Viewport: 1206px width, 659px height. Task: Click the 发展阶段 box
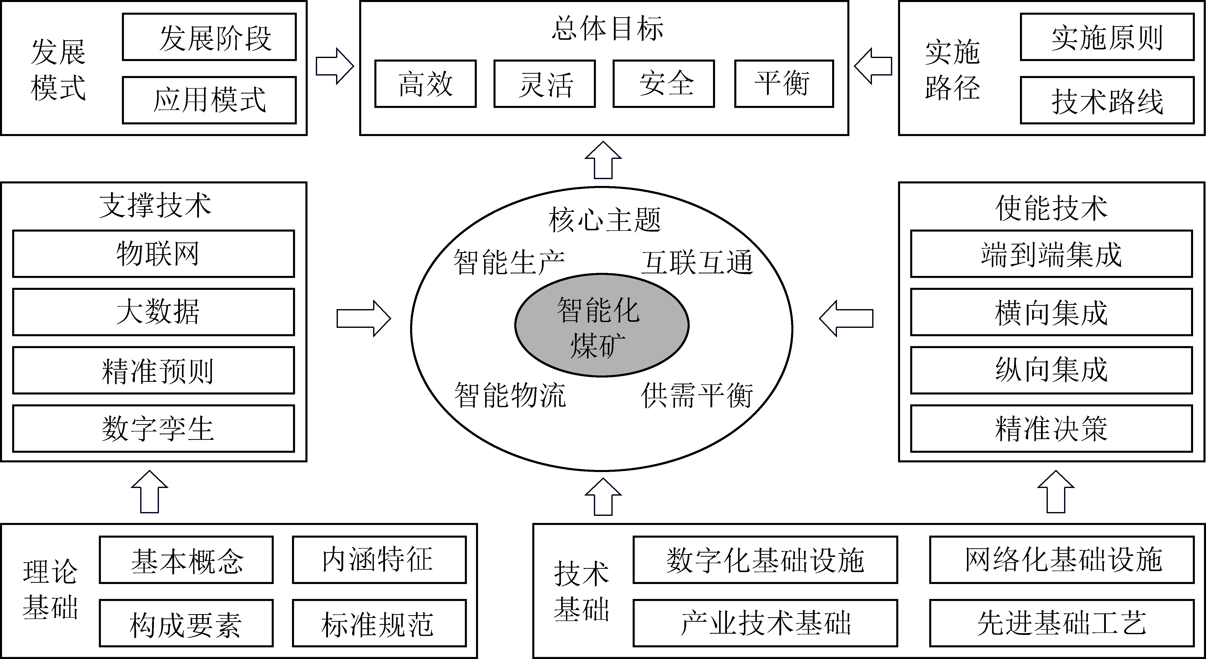(209, 37)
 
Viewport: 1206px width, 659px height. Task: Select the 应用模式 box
(209, 100)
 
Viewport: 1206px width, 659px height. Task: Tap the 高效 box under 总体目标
(425, 84)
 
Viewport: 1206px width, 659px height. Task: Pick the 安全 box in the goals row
(663, 84)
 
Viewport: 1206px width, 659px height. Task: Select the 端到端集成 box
(1051, 254)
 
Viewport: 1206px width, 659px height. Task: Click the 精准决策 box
(1051, 429)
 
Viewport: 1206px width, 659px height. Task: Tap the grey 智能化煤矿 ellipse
(601, 325)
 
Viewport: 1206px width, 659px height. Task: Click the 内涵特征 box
(379, 560)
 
